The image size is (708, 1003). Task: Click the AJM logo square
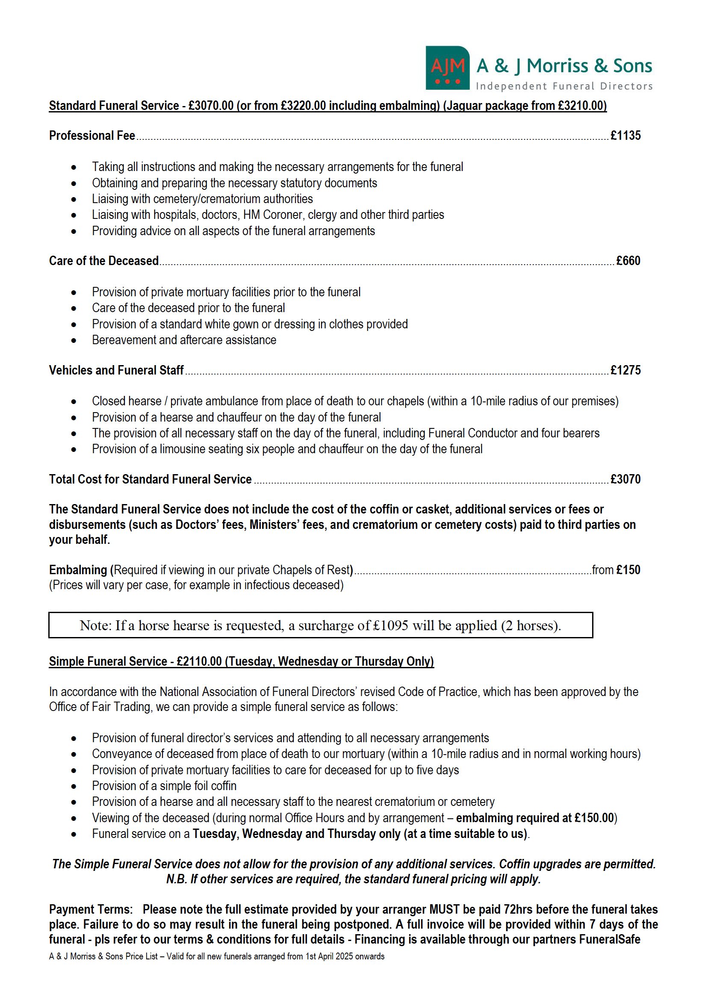coord(447,68)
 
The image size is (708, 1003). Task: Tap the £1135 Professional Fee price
coord(625,136)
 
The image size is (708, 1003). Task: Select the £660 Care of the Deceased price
coord(628,261)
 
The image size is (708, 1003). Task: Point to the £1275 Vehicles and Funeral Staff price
coord(625,370)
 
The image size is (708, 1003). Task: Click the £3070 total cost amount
coord(625,479)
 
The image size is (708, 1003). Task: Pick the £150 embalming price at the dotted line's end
coord(628,570)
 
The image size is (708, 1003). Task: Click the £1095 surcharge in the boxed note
coord(390,625)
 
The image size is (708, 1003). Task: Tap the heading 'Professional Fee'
coord(92,136)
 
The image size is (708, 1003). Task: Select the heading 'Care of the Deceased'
coord(103,261)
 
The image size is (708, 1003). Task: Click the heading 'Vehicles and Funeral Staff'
coord(116,370)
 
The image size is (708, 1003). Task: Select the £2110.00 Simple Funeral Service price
coord(199,661)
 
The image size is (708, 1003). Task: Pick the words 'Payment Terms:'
coord(91,909)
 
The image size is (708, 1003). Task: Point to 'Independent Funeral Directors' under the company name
coord(564,86)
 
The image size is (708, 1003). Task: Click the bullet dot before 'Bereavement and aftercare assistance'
coord(74,340)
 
